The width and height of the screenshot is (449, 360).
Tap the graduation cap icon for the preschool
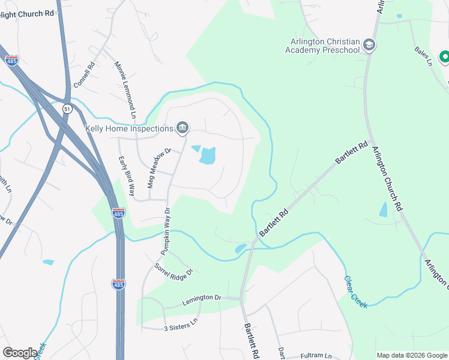pos(369,45)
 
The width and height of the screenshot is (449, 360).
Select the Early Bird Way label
pos(125,176)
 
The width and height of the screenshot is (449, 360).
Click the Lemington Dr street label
pos(202,298)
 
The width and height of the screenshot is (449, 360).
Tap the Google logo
pos(20,353)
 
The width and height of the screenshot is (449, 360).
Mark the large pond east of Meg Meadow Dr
pos(208,155)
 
